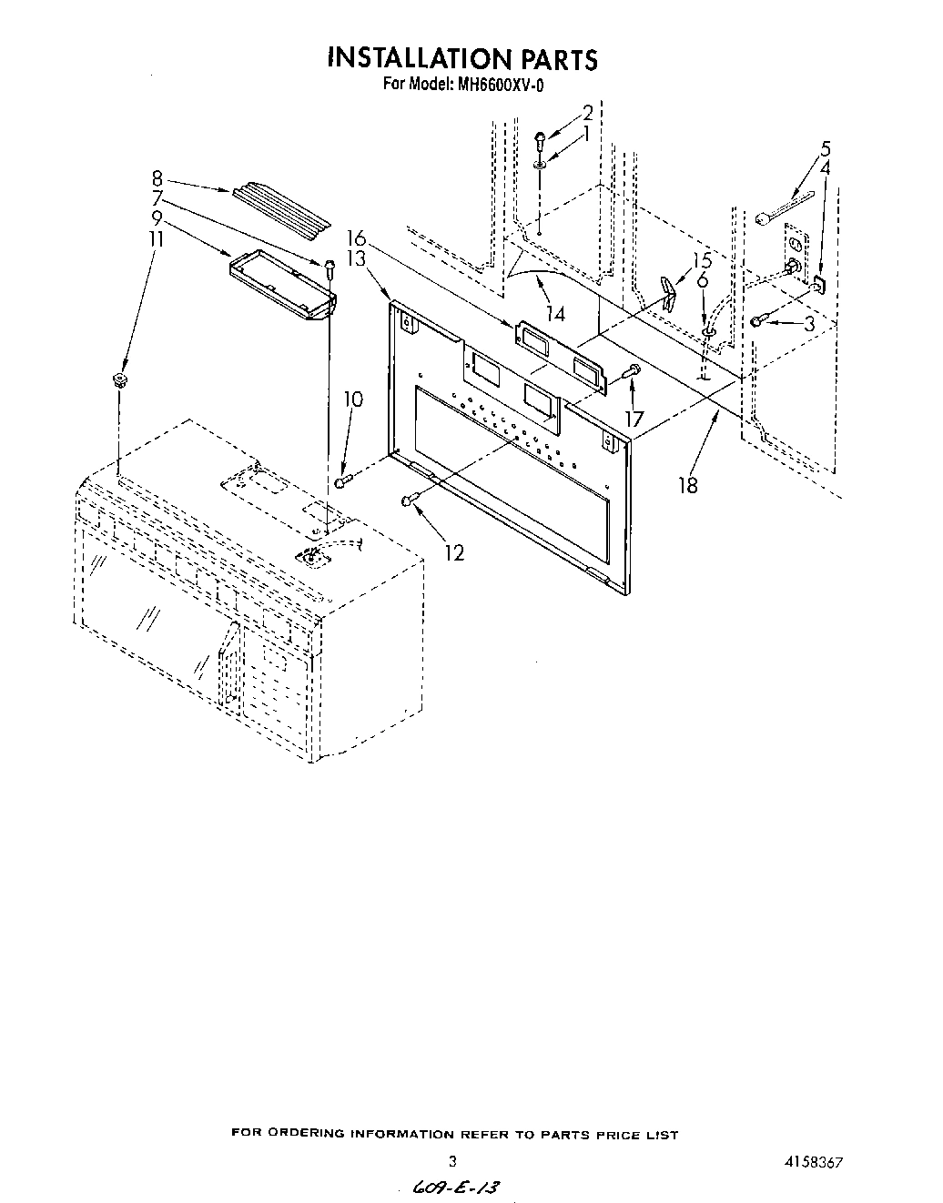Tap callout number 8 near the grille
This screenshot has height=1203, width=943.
(157, 179)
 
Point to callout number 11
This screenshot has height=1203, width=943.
(157, 238)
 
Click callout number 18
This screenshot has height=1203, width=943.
(688, 485)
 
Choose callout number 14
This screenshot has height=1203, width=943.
(554, 314)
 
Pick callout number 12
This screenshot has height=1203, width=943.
(454, 551)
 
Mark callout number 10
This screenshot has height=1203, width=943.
(353, 399)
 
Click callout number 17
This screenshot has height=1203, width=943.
(634, 418)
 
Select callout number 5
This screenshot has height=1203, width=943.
(825, 147)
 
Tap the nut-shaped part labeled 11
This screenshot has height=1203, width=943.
(118, 379)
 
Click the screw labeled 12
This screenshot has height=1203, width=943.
(409, 500)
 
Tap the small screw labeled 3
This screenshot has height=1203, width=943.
(758, 321)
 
